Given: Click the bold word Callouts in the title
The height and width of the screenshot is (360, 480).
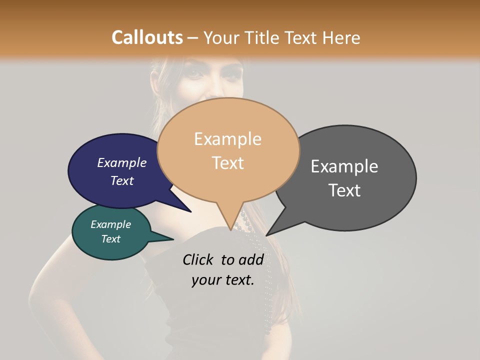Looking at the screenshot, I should click(x=147, y=37).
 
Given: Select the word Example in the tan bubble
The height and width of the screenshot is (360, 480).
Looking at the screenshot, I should click(x=227, y=139).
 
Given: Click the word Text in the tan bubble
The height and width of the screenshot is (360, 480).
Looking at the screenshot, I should click(x=227, y=162).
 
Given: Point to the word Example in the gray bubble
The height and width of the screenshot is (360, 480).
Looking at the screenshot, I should click(x=344, y=166).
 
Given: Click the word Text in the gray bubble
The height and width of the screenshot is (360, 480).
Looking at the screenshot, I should click(x=344, y=190).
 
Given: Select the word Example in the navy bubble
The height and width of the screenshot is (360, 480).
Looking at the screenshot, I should click(x=121, y=163).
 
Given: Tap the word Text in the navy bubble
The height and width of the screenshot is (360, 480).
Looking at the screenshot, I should click(x=121, y=180).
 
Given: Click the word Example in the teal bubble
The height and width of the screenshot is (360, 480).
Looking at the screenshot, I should click(x=110, y=224).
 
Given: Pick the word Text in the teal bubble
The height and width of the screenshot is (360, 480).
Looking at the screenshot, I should click(x=110, y=239).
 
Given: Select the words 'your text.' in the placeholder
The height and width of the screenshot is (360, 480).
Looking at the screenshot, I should click(x=222, y=280).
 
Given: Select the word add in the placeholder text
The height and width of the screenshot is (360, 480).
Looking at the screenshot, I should click(x=252, y=259).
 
